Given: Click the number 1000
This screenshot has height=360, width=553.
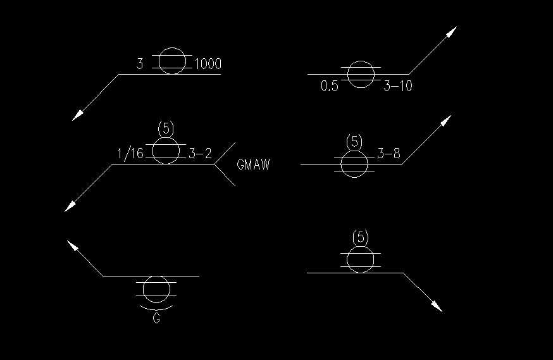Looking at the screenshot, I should (x=208, y=64).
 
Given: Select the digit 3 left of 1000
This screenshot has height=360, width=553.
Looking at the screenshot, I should (x=140, y=64).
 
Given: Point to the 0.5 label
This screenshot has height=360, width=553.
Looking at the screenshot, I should (x=330, y=86).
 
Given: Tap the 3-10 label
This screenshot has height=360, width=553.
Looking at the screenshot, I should (x=398, y=86).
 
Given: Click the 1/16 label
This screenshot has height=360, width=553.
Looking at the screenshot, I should (x=131, y=154).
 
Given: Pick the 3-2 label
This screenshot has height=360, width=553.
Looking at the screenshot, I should (x=200, y=154).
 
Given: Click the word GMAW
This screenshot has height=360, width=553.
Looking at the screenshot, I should (x=253, y=165).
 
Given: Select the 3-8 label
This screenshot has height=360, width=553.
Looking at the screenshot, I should (x=388, y=154).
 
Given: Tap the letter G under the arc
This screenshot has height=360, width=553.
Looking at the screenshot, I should (x=156, y=319).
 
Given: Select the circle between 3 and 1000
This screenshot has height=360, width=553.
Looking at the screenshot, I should (x=172, y=61).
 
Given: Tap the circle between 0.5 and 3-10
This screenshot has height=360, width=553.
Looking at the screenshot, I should (x=361, y=74).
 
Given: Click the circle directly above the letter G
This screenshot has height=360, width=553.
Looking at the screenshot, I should (x=156, y=289).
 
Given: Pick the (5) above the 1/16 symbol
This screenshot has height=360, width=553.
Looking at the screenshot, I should (x=165, y=128).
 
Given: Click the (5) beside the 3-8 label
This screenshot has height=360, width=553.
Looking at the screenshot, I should (x=355, y=142).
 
